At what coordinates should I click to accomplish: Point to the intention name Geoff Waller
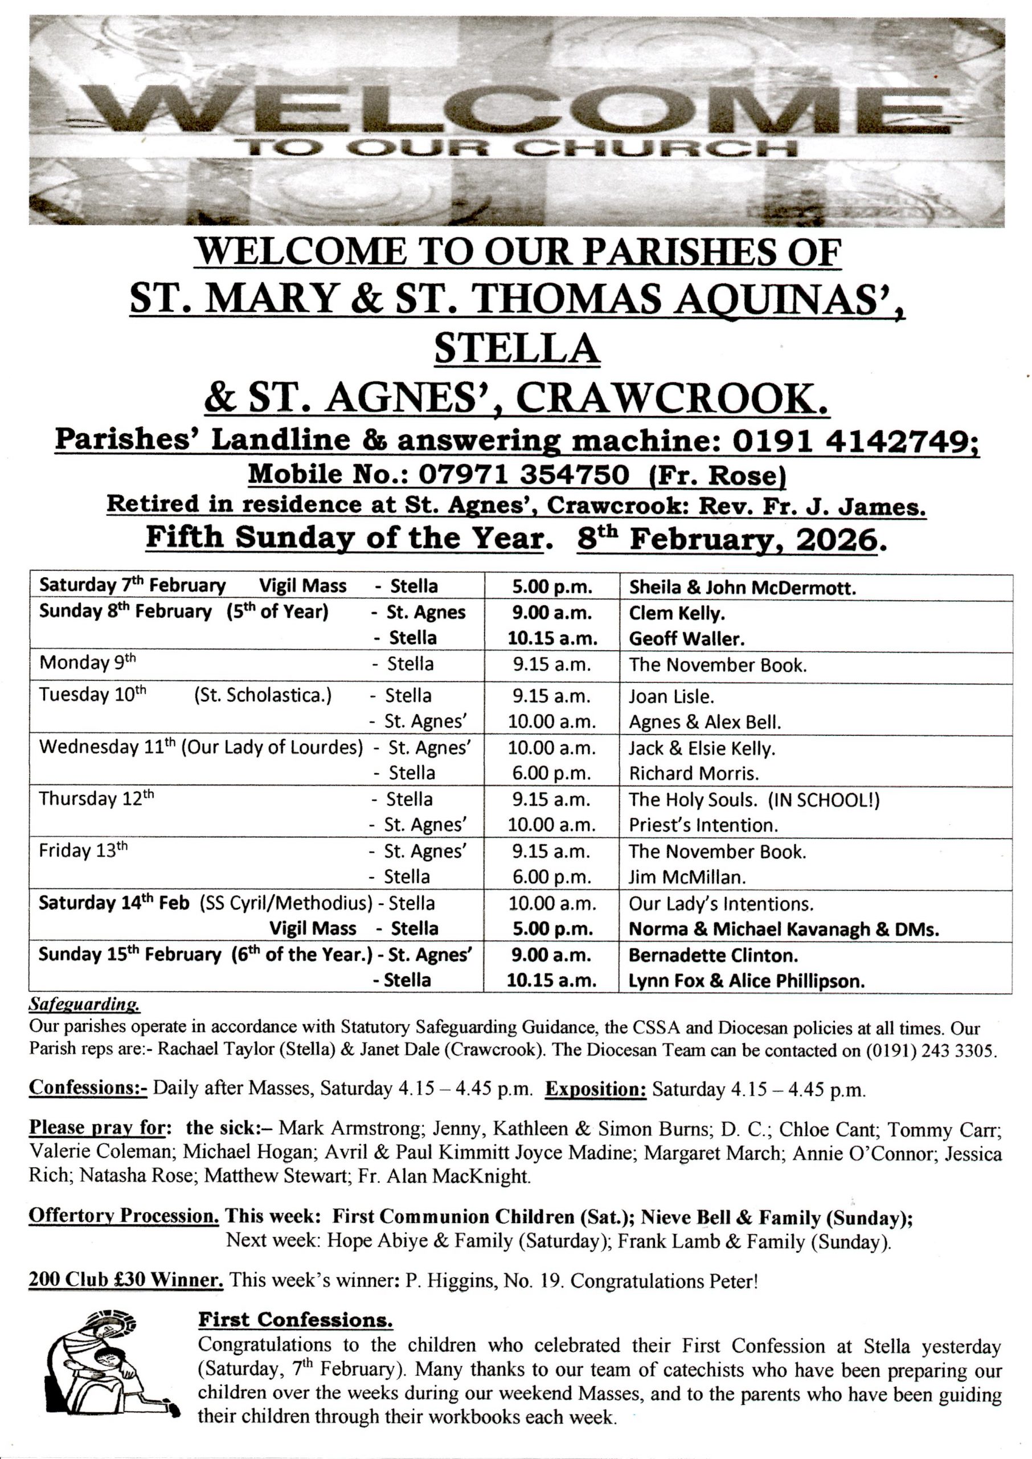[x=686, y=638]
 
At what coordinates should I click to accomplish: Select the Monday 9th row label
[x=88, y=663]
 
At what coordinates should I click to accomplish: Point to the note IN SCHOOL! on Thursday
[x=824, y=799]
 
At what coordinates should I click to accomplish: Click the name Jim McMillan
[x=686, y=877]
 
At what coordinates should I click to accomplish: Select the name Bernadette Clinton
[x=713, y=955]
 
